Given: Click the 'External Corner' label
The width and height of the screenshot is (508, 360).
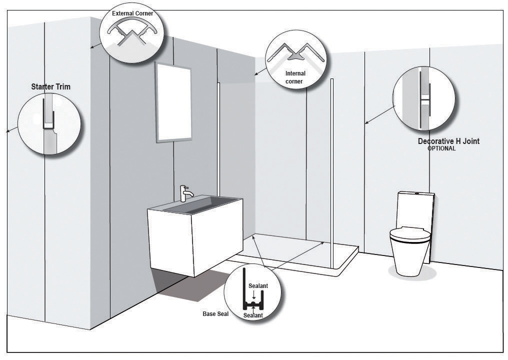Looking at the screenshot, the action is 132,13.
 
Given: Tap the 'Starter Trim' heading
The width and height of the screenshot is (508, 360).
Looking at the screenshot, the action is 50,87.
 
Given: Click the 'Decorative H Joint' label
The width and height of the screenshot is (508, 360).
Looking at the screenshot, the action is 448,141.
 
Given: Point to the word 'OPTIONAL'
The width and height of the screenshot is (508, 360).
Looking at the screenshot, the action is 441,148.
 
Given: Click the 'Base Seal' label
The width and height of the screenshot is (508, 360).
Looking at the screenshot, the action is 215,313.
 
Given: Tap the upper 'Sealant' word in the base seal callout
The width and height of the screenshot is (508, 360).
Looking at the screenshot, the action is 258,286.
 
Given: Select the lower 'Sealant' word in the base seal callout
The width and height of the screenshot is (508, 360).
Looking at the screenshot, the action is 253,315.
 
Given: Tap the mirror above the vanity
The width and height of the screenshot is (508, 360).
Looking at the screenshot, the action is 173,102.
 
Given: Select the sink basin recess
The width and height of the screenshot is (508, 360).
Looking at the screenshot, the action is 201,204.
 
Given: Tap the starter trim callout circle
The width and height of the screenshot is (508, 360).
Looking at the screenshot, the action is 49,123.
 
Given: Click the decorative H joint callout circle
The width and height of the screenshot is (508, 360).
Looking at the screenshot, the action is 424,98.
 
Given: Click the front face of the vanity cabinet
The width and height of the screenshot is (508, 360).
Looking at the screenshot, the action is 169,241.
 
